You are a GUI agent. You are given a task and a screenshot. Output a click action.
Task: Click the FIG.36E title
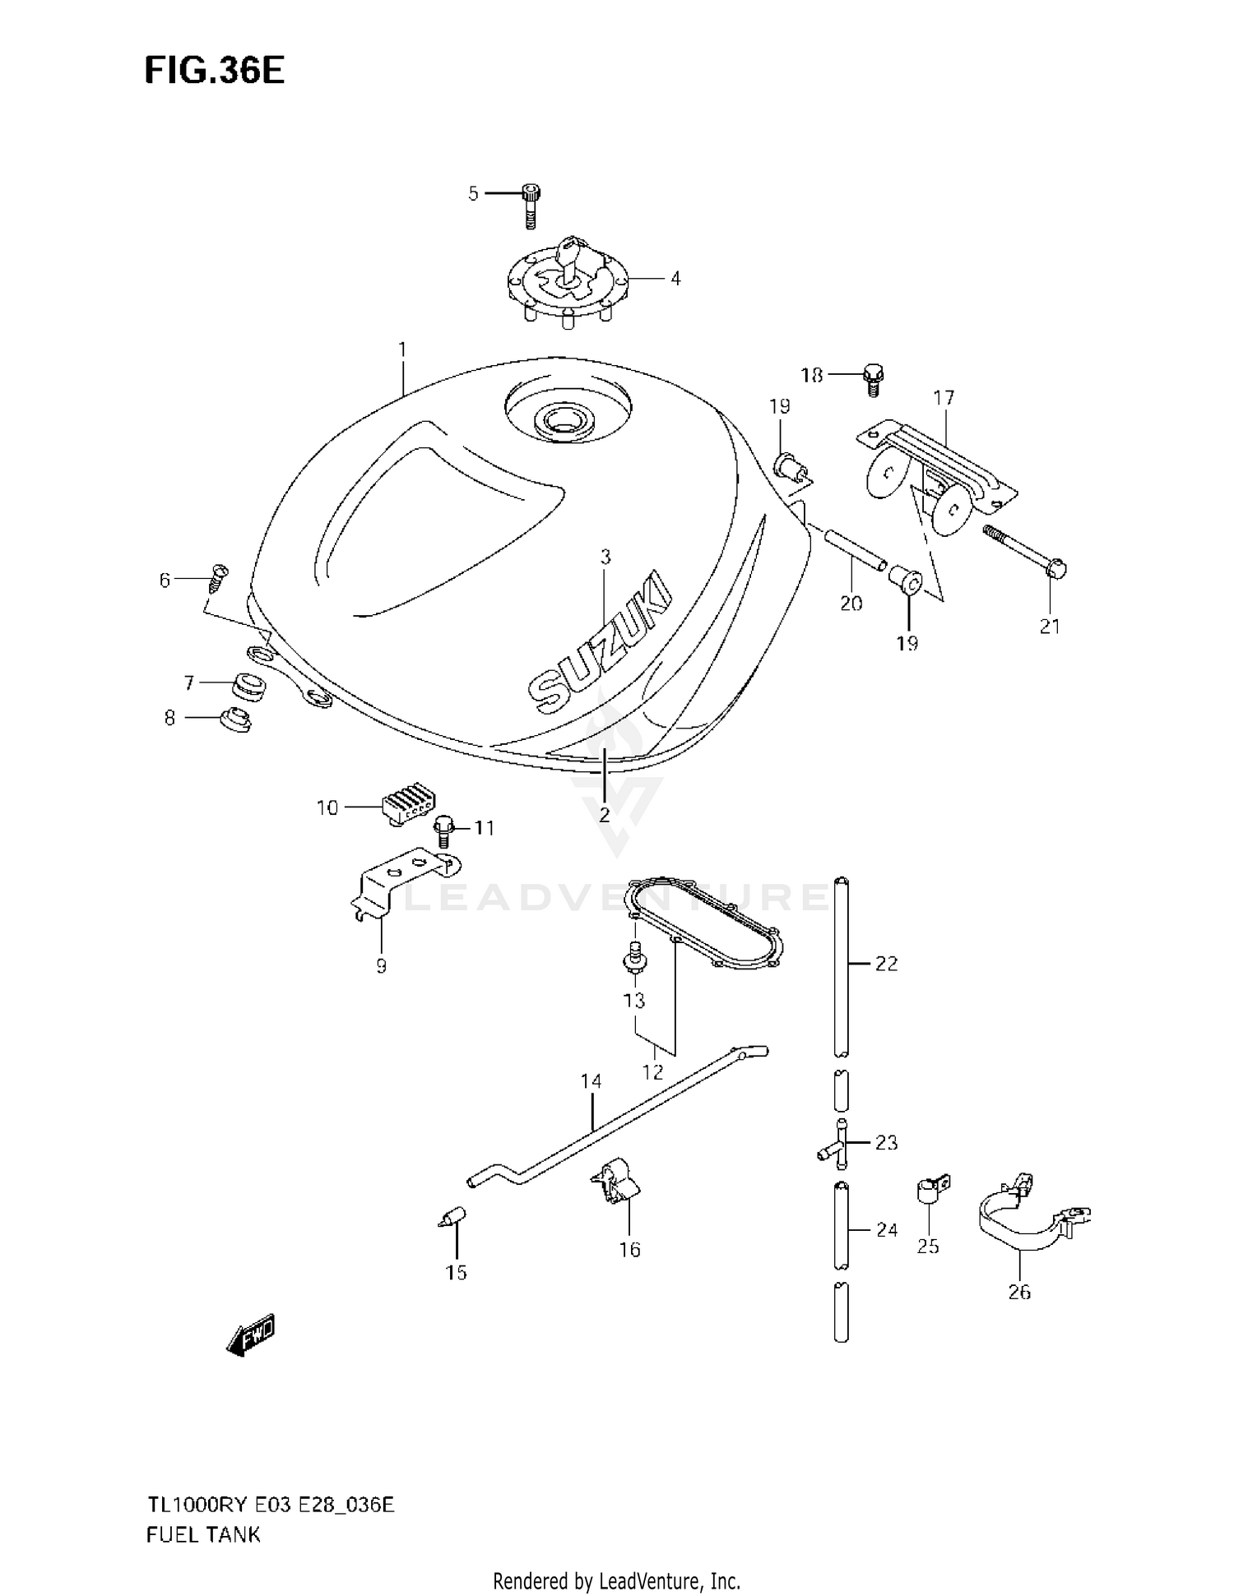tap(214, 71)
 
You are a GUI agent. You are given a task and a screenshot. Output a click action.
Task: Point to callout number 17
tap(944, 398)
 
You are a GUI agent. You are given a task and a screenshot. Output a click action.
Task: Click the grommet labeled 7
tap(248, 686)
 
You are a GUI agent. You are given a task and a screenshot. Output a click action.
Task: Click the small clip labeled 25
tap(931, 1190)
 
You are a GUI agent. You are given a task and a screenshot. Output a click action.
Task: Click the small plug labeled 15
tap(453, 1218)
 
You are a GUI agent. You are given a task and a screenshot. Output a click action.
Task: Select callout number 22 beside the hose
tap(886, 964)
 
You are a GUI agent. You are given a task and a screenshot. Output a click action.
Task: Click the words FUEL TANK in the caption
tap(203, 1534)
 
